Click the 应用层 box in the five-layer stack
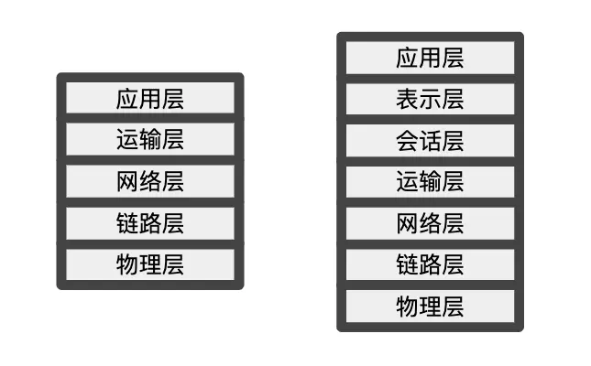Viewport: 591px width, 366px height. click(x=150, y=98)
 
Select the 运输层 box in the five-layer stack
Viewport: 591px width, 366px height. click(x=150, y=139)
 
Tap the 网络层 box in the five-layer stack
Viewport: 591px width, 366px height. click(x=150, y=181)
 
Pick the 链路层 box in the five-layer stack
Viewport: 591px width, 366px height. click(x=150, y=222)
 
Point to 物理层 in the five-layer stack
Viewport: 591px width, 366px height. click(x=150, y=264)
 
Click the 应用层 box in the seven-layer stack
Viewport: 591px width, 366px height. click(x=430, y=58)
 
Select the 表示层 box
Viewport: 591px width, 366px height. click(x=430, y=99)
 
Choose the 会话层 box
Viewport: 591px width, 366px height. click(x=430, y=140)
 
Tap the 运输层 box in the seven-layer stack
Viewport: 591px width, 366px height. click(x=430, y=181)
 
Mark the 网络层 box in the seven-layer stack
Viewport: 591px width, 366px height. click(x=430, y=222)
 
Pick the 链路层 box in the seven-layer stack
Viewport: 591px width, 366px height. click(x=430, y=264)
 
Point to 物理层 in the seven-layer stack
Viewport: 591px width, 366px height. click(x=430, y=305)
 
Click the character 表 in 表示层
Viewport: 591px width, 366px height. click(x=408, y=99)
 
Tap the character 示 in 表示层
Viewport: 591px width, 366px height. click(x=430, y=99)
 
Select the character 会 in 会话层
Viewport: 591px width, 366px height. click(x=408, y=140)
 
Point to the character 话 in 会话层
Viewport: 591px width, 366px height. click(x=430, y=140)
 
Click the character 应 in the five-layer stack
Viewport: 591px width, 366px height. click(x=128, y=98)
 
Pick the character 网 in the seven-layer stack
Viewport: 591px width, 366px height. click(x=408, y=222)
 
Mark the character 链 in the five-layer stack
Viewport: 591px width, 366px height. click(x=128, y=222)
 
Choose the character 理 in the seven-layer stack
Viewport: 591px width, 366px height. click(x=430, y=305)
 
